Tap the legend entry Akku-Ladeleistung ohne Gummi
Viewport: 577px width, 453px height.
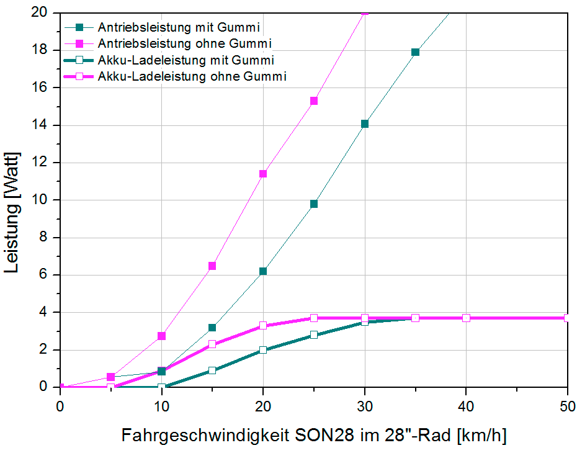(192, 76)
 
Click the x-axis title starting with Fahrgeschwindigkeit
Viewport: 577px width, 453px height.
(314, 435)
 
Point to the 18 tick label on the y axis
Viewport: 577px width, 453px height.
(43, 50)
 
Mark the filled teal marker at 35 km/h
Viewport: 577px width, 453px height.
(415, 52)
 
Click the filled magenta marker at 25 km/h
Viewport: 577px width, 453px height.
(314, 101)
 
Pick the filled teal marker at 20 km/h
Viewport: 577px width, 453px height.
(263, 271)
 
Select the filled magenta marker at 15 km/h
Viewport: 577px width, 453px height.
(212, 266)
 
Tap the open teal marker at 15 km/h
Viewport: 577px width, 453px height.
(212, 370)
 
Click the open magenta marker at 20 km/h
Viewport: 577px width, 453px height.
(263, 325)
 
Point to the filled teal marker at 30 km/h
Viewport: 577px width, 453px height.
(365, 123)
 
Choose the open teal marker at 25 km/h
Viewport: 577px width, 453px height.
(314, 335)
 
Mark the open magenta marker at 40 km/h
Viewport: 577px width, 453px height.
(466, 318)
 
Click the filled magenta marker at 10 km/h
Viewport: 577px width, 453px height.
(161, 336)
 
